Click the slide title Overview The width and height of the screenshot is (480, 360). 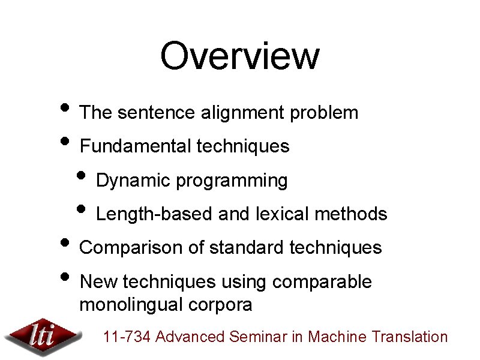pos(239,55)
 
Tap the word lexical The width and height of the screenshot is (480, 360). pos(283,214)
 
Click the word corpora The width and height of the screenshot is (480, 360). pos(222,305)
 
